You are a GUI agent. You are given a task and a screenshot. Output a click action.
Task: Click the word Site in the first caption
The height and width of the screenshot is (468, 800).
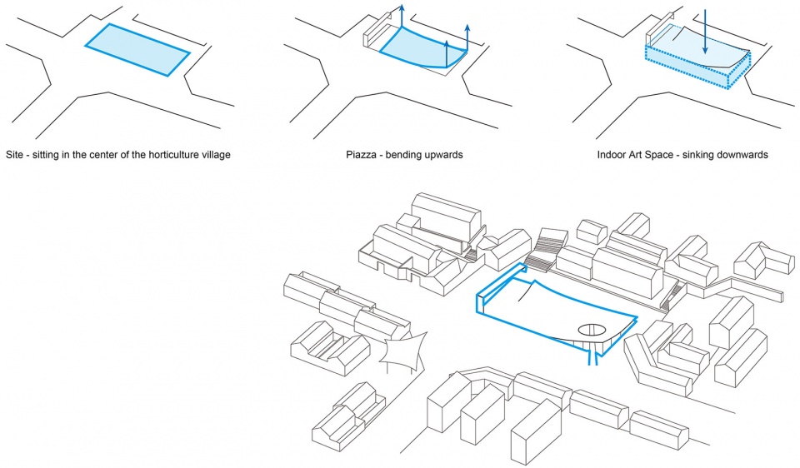click(x=15, y=155)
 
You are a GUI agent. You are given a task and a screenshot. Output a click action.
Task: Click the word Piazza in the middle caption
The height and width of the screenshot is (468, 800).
click(x=361, y=155)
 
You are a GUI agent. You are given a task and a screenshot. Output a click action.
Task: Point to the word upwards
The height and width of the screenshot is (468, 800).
click(x=444, y=155)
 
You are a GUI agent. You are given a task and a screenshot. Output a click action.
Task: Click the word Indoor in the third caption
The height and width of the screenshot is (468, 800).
click(x=612, y=155)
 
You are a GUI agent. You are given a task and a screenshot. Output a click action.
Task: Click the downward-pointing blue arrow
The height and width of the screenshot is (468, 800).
click(x=704, y=33)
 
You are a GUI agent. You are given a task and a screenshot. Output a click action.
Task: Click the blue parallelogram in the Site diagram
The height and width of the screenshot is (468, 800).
click(x=137, y=50)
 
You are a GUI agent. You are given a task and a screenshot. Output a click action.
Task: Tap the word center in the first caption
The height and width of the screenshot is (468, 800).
click(x=97, y=155)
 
